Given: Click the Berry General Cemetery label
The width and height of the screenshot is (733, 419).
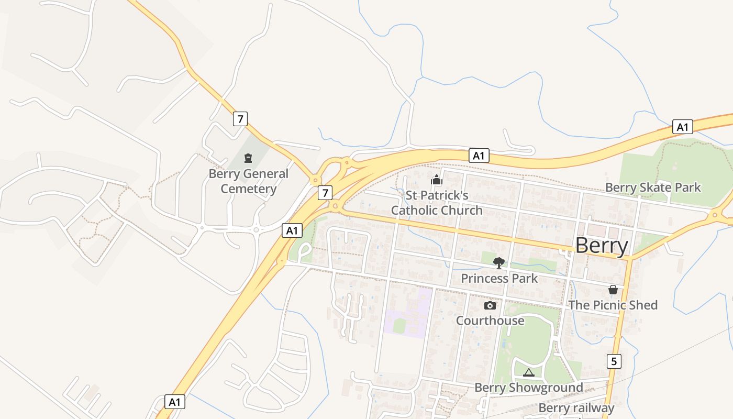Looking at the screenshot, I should pyautogui.click(x=248, y=181).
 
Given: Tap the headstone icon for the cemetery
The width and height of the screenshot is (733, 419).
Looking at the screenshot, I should pyautogui.click(x=248, y=158).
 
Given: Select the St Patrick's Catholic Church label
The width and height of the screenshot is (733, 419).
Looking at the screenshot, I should pyautogui.click(x=437, y=203).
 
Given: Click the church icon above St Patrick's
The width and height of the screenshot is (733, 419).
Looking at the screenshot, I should pyautogui.click(x=437, y=180).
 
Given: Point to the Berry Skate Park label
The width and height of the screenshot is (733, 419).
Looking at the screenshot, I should pyautogui.click(x=652, y=188).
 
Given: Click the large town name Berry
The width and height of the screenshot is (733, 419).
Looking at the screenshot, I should pyautogui.click(x=602, y=245).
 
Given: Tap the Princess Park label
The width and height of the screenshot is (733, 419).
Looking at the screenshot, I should pyautogui.click(x=499, y=278).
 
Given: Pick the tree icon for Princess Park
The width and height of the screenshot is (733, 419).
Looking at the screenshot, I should pyautogui.click(x=499, y=262).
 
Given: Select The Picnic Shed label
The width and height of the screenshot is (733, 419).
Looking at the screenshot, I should pyautogui.click(x=613, y=305).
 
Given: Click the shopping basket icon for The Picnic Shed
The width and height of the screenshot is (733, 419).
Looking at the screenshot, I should pyautogui.click(x=613, y=290).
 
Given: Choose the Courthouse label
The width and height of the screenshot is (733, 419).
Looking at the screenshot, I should pyautogui.click(x=490, y=320).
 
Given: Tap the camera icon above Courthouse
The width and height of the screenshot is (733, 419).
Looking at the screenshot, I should pyautogui.click(x=490, y=305).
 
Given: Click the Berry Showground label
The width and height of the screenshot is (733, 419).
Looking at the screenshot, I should pyautogui.click(x=528, y=388).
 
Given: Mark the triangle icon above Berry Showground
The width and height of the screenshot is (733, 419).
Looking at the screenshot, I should pyautogui.click(x=528, y=373).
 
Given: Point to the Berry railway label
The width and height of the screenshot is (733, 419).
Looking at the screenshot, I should pyautogui.click(x=576, y=408).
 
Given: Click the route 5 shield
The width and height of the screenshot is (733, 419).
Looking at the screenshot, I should pyautogui.click(x=615, y=361).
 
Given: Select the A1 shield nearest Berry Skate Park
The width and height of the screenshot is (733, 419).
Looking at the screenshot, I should pyautogui.click(x=682, y=127).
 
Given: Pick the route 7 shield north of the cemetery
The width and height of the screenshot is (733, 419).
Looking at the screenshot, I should pyautogui.click(x=240, y=119).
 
